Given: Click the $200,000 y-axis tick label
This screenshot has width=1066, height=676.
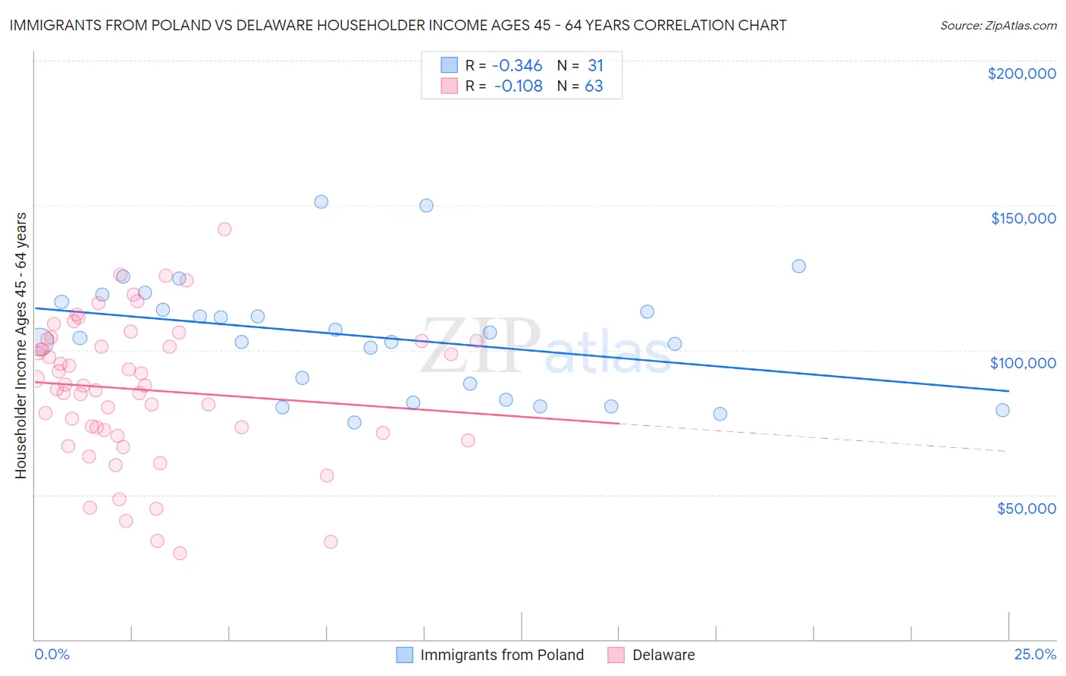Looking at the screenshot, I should coord(1021,74).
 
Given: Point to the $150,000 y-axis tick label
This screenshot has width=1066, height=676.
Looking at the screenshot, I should coord(1023,218).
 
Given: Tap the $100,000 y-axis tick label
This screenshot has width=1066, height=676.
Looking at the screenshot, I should coord(1023,363).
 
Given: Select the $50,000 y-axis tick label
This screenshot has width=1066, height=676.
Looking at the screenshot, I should coord(1026,508).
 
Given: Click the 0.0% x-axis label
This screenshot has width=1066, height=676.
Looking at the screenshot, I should coord(52,654).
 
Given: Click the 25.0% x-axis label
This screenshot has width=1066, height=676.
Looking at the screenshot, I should coord(1035,654).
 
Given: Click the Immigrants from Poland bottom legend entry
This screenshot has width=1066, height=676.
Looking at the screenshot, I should coord(502,655).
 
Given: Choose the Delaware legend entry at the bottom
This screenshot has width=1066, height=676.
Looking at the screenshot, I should coord(663,655).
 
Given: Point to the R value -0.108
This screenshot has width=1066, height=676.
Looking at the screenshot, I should coord(519,86).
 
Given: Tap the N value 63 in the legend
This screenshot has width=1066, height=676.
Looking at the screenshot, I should coord(594,86).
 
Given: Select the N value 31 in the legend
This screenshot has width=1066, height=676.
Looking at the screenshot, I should coord(595,66).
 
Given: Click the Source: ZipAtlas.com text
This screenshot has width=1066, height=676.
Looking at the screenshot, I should coord(998,25).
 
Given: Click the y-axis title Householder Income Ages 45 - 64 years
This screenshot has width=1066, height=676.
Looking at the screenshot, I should coord(20,345).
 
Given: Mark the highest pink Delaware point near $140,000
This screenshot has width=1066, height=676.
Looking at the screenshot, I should coord(224,229).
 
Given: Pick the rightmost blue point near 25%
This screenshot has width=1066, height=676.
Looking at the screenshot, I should coord(1002,410).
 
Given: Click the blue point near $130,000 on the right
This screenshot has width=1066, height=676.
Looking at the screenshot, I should coord(798,266).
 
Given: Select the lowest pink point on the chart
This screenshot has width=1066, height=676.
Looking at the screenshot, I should coord(180,553).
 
